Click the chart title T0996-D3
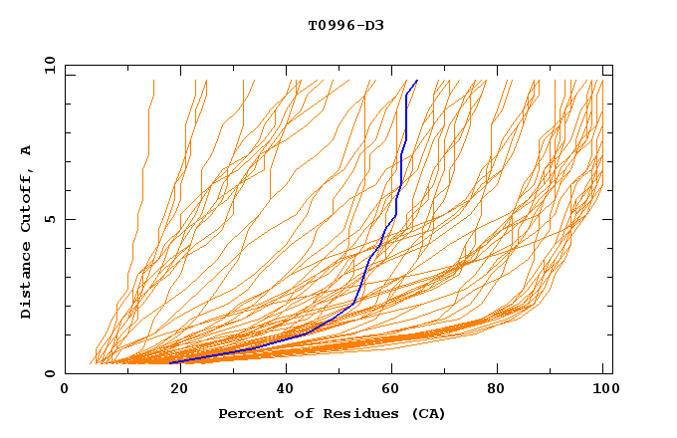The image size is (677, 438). [x=345, y=25]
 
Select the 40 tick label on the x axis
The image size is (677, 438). [x=286, y=390]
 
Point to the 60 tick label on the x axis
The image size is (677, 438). [x=393, y=390]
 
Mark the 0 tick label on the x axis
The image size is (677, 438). [x=66, y=390]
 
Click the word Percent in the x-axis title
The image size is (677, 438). [x=249, y=413]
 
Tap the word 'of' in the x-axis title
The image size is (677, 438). [x=299, y=413]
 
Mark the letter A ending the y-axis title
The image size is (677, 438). [x=27, y=149]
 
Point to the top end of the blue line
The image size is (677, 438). [x=417, y=80]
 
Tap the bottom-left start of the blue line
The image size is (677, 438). [x=171, y=362]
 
